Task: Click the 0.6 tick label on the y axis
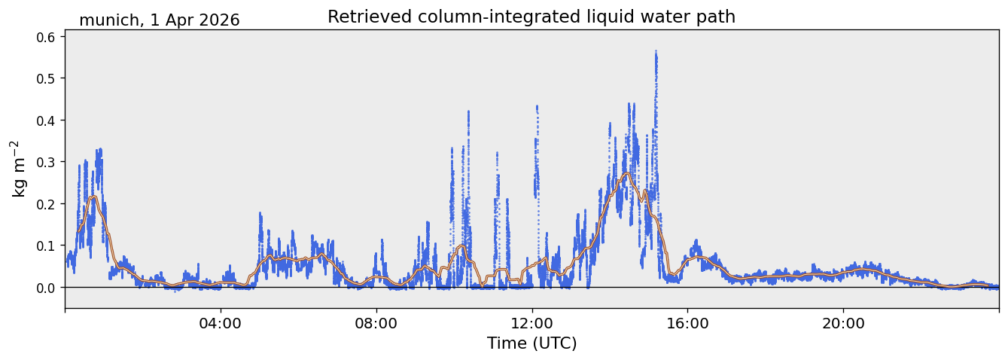45,37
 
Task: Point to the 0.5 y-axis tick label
45,78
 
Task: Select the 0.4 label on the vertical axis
45,121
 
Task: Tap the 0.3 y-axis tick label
45,162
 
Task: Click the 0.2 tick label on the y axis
45,204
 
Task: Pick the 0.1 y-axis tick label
45,246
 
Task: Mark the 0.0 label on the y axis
45,288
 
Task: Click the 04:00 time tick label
221,324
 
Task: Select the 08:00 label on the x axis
376,324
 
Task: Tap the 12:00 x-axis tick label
532,324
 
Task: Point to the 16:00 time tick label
687,324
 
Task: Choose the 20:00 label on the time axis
843,324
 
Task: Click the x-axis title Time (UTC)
532,343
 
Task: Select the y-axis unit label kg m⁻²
19,169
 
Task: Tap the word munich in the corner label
108,20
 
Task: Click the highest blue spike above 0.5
656,51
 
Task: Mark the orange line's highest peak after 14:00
627,173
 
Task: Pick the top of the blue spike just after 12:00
537,106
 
